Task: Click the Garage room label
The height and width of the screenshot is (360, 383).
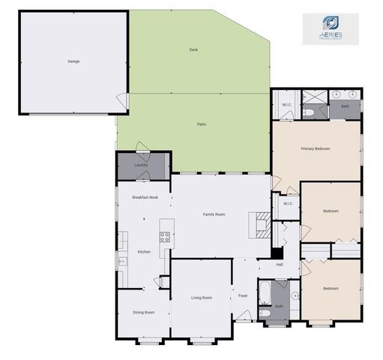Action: (x=73, y=61)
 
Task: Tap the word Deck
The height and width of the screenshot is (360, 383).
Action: (x=193, y=49)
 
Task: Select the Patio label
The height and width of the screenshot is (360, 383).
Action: (x=202, y=124)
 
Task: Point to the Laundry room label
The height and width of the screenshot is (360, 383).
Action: (x=141, y=165)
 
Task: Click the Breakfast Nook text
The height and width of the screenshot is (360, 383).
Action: (x=145, y=197)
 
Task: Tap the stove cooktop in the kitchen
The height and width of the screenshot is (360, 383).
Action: (x=165, y=238)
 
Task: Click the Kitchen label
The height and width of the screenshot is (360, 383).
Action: (x=144, y=252)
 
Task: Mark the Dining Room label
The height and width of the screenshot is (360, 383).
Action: (x=143, y=312)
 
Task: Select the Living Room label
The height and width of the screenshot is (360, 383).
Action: (x=202, y=298)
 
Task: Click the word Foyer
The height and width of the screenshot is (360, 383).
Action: (x=243, y=295)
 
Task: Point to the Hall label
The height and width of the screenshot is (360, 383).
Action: (x=280, y=264)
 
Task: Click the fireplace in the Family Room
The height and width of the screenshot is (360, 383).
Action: (x=262, y=223)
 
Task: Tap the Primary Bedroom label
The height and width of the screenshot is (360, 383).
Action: (x=316, y=148)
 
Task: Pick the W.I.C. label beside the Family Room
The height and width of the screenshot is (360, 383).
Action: (x=287, y=204)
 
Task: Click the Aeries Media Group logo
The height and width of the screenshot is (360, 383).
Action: (x=331, y=28)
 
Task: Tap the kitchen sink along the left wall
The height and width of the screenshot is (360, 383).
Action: (x=121, y=261)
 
